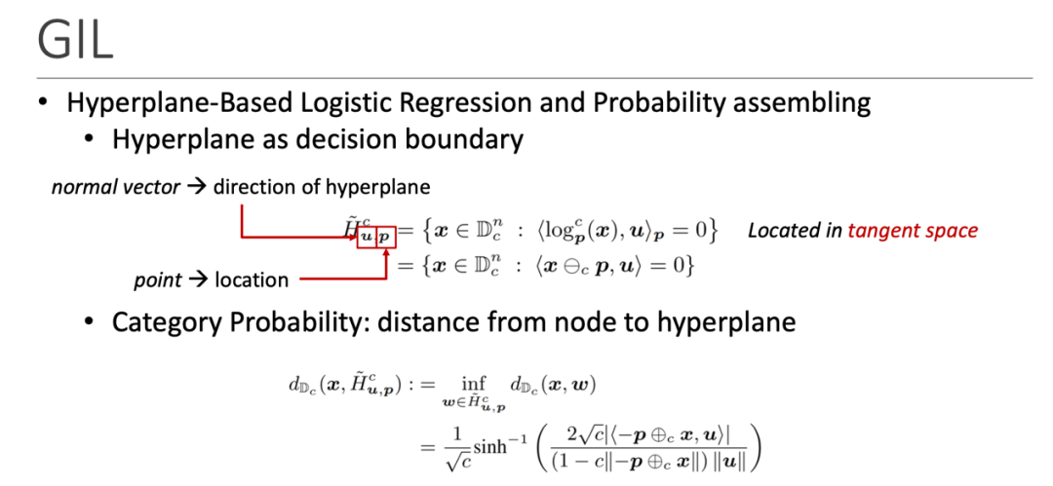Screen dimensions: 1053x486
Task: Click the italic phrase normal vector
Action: (116, 187)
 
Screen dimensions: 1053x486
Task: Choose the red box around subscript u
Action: (366, 238)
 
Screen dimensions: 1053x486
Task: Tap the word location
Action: (252, 280)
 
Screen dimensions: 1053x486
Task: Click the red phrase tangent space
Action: (913, 231)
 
